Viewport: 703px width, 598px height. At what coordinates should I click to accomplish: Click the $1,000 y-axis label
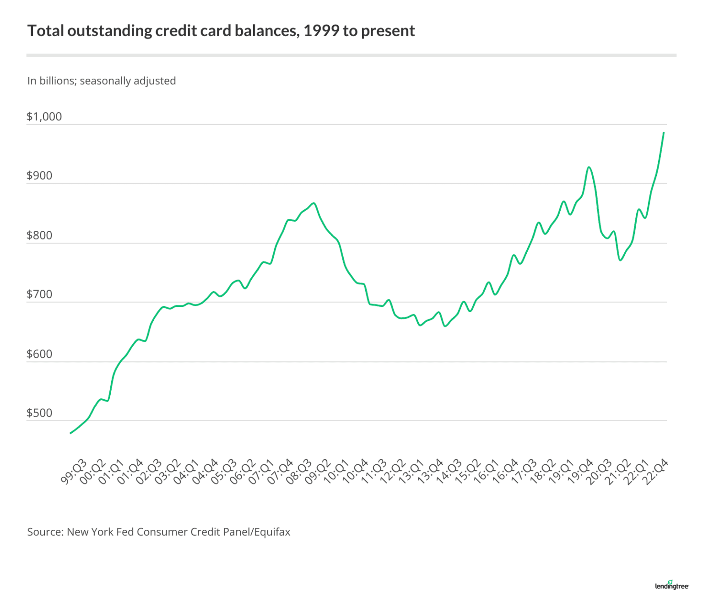tap(44, 117)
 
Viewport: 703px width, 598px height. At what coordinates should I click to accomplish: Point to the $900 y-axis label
tap(39, 176)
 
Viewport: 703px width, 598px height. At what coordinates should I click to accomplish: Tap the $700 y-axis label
tap(39, 294)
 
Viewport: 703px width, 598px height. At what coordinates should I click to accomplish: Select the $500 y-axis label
tap(39, 413)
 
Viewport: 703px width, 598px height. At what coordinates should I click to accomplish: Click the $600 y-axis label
tap(39, 354)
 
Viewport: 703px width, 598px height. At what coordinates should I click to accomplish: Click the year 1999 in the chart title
tap(321, 31)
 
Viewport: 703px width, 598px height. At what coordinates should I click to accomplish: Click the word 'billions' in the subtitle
tap(57, 81)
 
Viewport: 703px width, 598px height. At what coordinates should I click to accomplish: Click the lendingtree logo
tap(671, 585)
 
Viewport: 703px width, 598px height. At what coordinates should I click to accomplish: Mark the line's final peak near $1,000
tap(664, 133)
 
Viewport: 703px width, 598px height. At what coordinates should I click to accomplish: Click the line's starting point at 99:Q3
tap(70, 433)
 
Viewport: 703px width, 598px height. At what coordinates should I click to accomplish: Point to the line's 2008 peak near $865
tap(314, 203)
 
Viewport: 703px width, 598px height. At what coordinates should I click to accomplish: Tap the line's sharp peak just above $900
tap(589, 168)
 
